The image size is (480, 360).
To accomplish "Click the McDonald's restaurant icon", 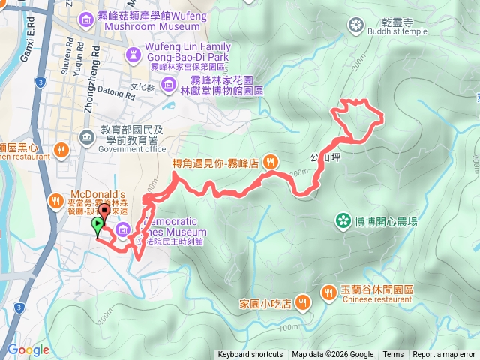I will coord(55,201).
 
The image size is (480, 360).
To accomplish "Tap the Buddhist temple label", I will coord(394,31).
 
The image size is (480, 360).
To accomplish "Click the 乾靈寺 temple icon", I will coord(355,26).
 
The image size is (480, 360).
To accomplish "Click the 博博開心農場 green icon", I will coord(343,221).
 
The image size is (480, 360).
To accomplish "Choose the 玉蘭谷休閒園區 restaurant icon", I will coord(328,291).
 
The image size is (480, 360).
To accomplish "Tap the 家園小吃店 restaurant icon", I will coord(302,302).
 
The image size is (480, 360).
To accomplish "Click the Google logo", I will coord(28,350).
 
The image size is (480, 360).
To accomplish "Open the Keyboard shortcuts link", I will coord(250,355).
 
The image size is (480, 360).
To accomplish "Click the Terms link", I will coord(393,355).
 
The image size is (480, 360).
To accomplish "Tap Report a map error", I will coord(444,355).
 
